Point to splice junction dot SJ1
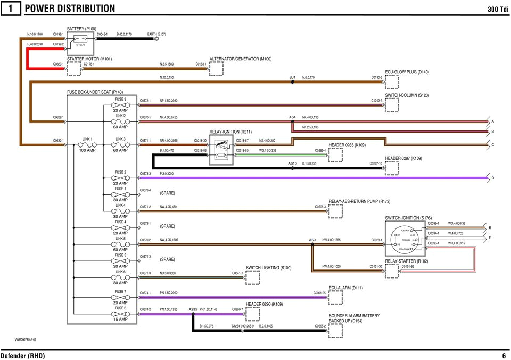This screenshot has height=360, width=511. [292, 82]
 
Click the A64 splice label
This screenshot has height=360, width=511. [292, 117]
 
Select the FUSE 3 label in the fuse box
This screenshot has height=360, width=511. [120, 99]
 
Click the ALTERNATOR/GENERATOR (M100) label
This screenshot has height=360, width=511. [241, 59]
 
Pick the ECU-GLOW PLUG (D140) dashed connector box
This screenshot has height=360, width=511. [392, 82]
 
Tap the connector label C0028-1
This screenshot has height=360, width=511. [376, 240]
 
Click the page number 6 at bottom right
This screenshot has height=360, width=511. [504, 356]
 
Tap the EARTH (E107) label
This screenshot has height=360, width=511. [156, 34]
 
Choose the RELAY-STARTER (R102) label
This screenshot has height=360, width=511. [406, 261]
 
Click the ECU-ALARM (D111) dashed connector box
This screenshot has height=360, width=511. [335, 297]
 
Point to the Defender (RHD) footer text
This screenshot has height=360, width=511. [22, 356]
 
